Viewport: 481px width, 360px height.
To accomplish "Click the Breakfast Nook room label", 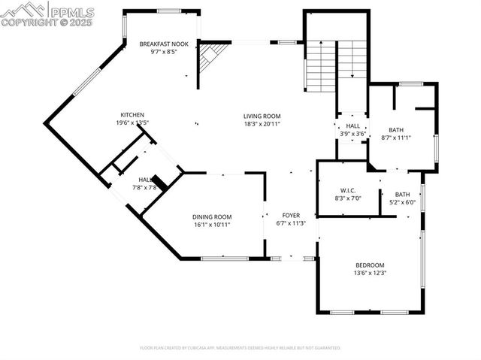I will click(158, 44).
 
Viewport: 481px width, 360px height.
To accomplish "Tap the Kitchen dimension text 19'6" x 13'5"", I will click(132, 123).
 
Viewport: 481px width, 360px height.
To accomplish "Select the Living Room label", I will click(262, 116).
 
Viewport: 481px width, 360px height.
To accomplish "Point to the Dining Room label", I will click(211, 216).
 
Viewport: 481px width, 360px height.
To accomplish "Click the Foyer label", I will click(291, 215).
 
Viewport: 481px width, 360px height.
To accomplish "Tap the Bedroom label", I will click(370, 265).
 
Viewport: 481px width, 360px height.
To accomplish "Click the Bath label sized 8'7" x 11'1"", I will click(396, 130).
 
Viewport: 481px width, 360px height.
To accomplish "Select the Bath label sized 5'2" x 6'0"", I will click(403, 195).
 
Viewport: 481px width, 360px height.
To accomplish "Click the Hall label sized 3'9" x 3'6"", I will click(352, 126).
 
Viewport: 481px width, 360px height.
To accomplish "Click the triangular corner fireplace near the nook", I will click(210, 60).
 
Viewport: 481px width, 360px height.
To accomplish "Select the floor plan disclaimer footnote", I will click(240, 348).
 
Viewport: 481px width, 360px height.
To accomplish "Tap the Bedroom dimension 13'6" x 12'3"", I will click(370, 273).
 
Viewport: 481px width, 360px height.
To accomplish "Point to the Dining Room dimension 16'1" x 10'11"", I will click(211, 224).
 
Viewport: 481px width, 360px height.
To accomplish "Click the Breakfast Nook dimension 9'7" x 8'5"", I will click(158, 52).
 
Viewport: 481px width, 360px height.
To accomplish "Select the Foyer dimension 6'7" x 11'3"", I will click(291, 222).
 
